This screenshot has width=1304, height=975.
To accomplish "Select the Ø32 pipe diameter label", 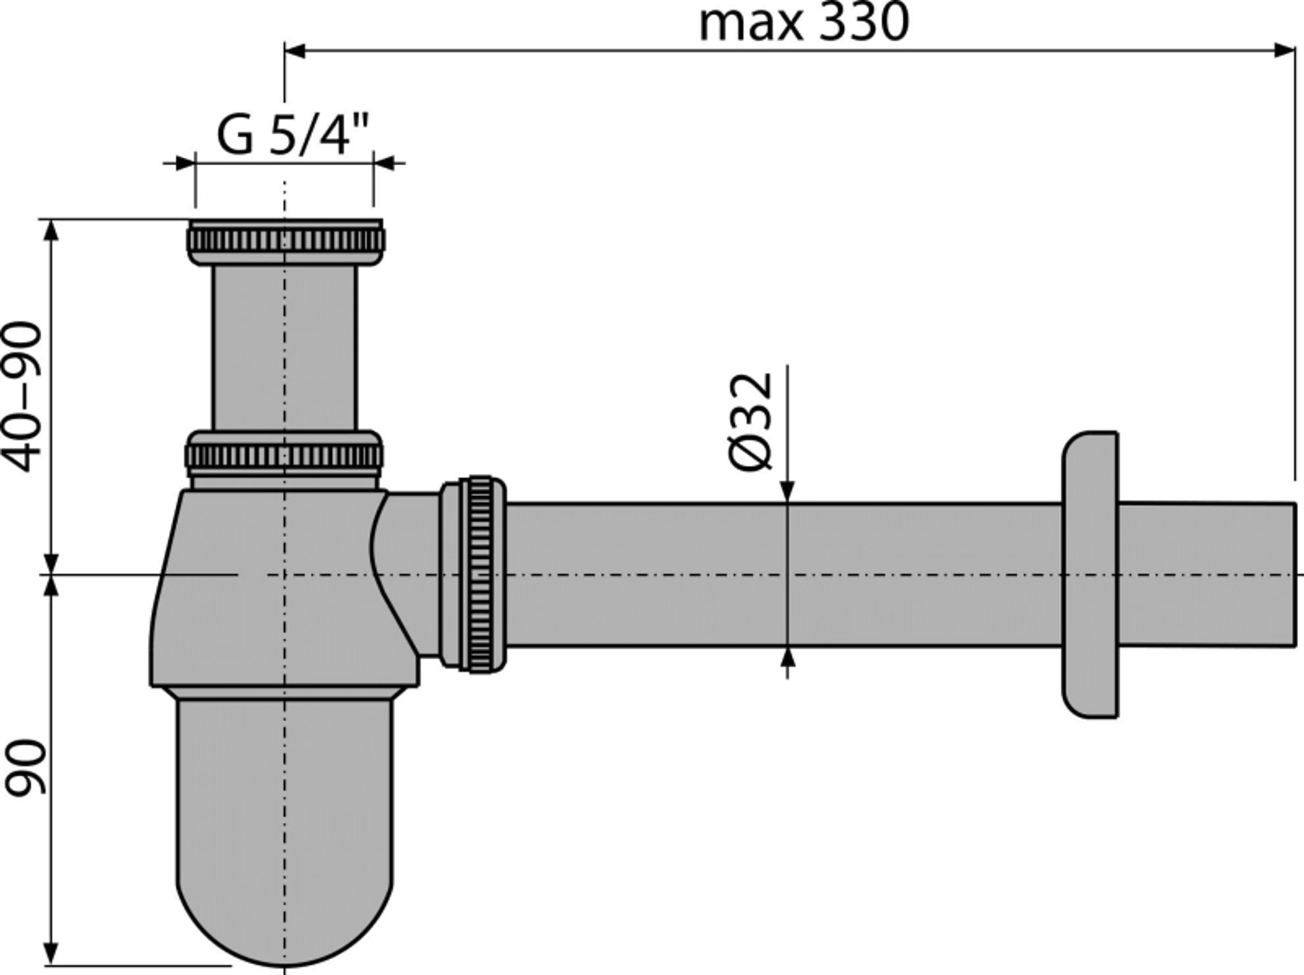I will click(750, 419).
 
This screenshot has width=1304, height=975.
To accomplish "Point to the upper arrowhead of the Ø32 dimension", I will click(787, 491).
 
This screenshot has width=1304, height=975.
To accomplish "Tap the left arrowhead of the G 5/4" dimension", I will click(185, 162).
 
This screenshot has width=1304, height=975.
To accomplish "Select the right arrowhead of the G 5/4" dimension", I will click(383, 162).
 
